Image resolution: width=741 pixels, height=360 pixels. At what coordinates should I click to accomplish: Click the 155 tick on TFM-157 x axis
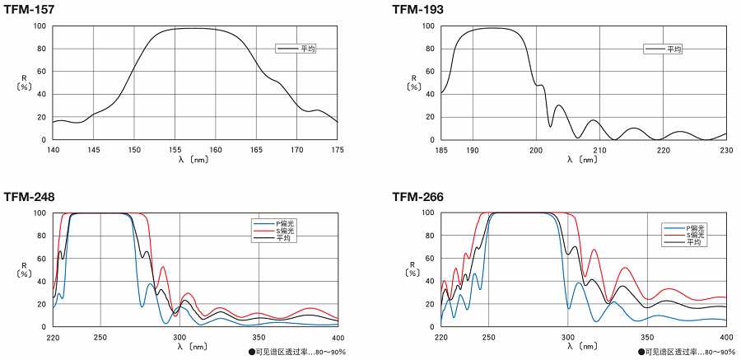click(x=175, y=150)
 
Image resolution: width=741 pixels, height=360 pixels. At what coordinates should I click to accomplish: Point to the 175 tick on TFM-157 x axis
click(x=338, y=150)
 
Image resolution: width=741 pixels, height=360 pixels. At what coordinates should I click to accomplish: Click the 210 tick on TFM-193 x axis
click(x=599, y=150)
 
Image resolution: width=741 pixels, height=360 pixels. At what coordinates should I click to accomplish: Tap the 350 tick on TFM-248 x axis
click(x=259, y=337)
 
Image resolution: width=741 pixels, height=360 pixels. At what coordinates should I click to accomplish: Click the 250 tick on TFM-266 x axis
click(x=488, y=337)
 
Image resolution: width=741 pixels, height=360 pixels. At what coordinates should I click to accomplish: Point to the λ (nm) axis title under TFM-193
click(x=583, y=159)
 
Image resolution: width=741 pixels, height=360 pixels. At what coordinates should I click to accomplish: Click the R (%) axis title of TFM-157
click(x=25, y=82)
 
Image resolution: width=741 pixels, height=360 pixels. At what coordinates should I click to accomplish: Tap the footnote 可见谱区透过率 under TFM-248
click(x=296, y=352)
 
